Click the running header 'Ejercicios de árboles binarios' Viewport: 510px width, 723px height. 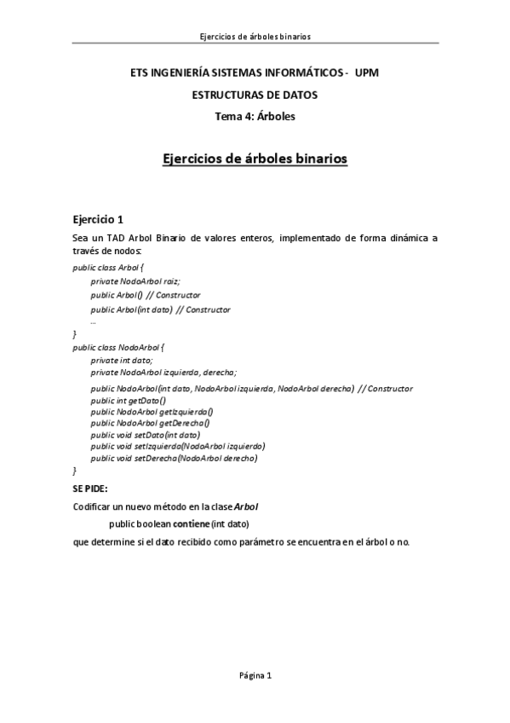pyautogui.click(x=255, y=37)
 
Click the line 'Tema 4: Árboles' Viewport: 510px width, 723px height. pyautogui.click(x=255, y=116)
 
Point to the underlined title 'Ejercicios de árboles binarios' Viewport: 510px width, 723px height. pyautogui.click(x=255, y=159)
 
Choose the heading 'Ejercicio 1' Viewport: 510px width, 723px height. pyautogui.click(x=99, y=218)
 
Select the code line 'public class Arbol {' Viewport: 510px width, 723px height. pyautogui.click(x=109, y=267)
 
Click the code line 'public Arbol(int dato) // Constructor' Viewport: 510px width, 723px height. pyautogui.click(x=160, y=309)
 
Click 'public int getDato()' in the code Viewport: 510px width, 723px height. pyautogui.click(x=128, y=400)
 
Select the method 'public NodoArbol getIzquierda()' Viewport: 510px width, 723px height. pyautogui.click(x=151, y=412)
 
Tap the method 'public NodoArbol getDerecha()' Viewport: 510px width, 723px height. pyautogui.click(x=149, y=423)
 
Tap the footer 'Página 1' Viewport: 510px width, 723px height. pyautogui.click(x=255, y=676)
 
